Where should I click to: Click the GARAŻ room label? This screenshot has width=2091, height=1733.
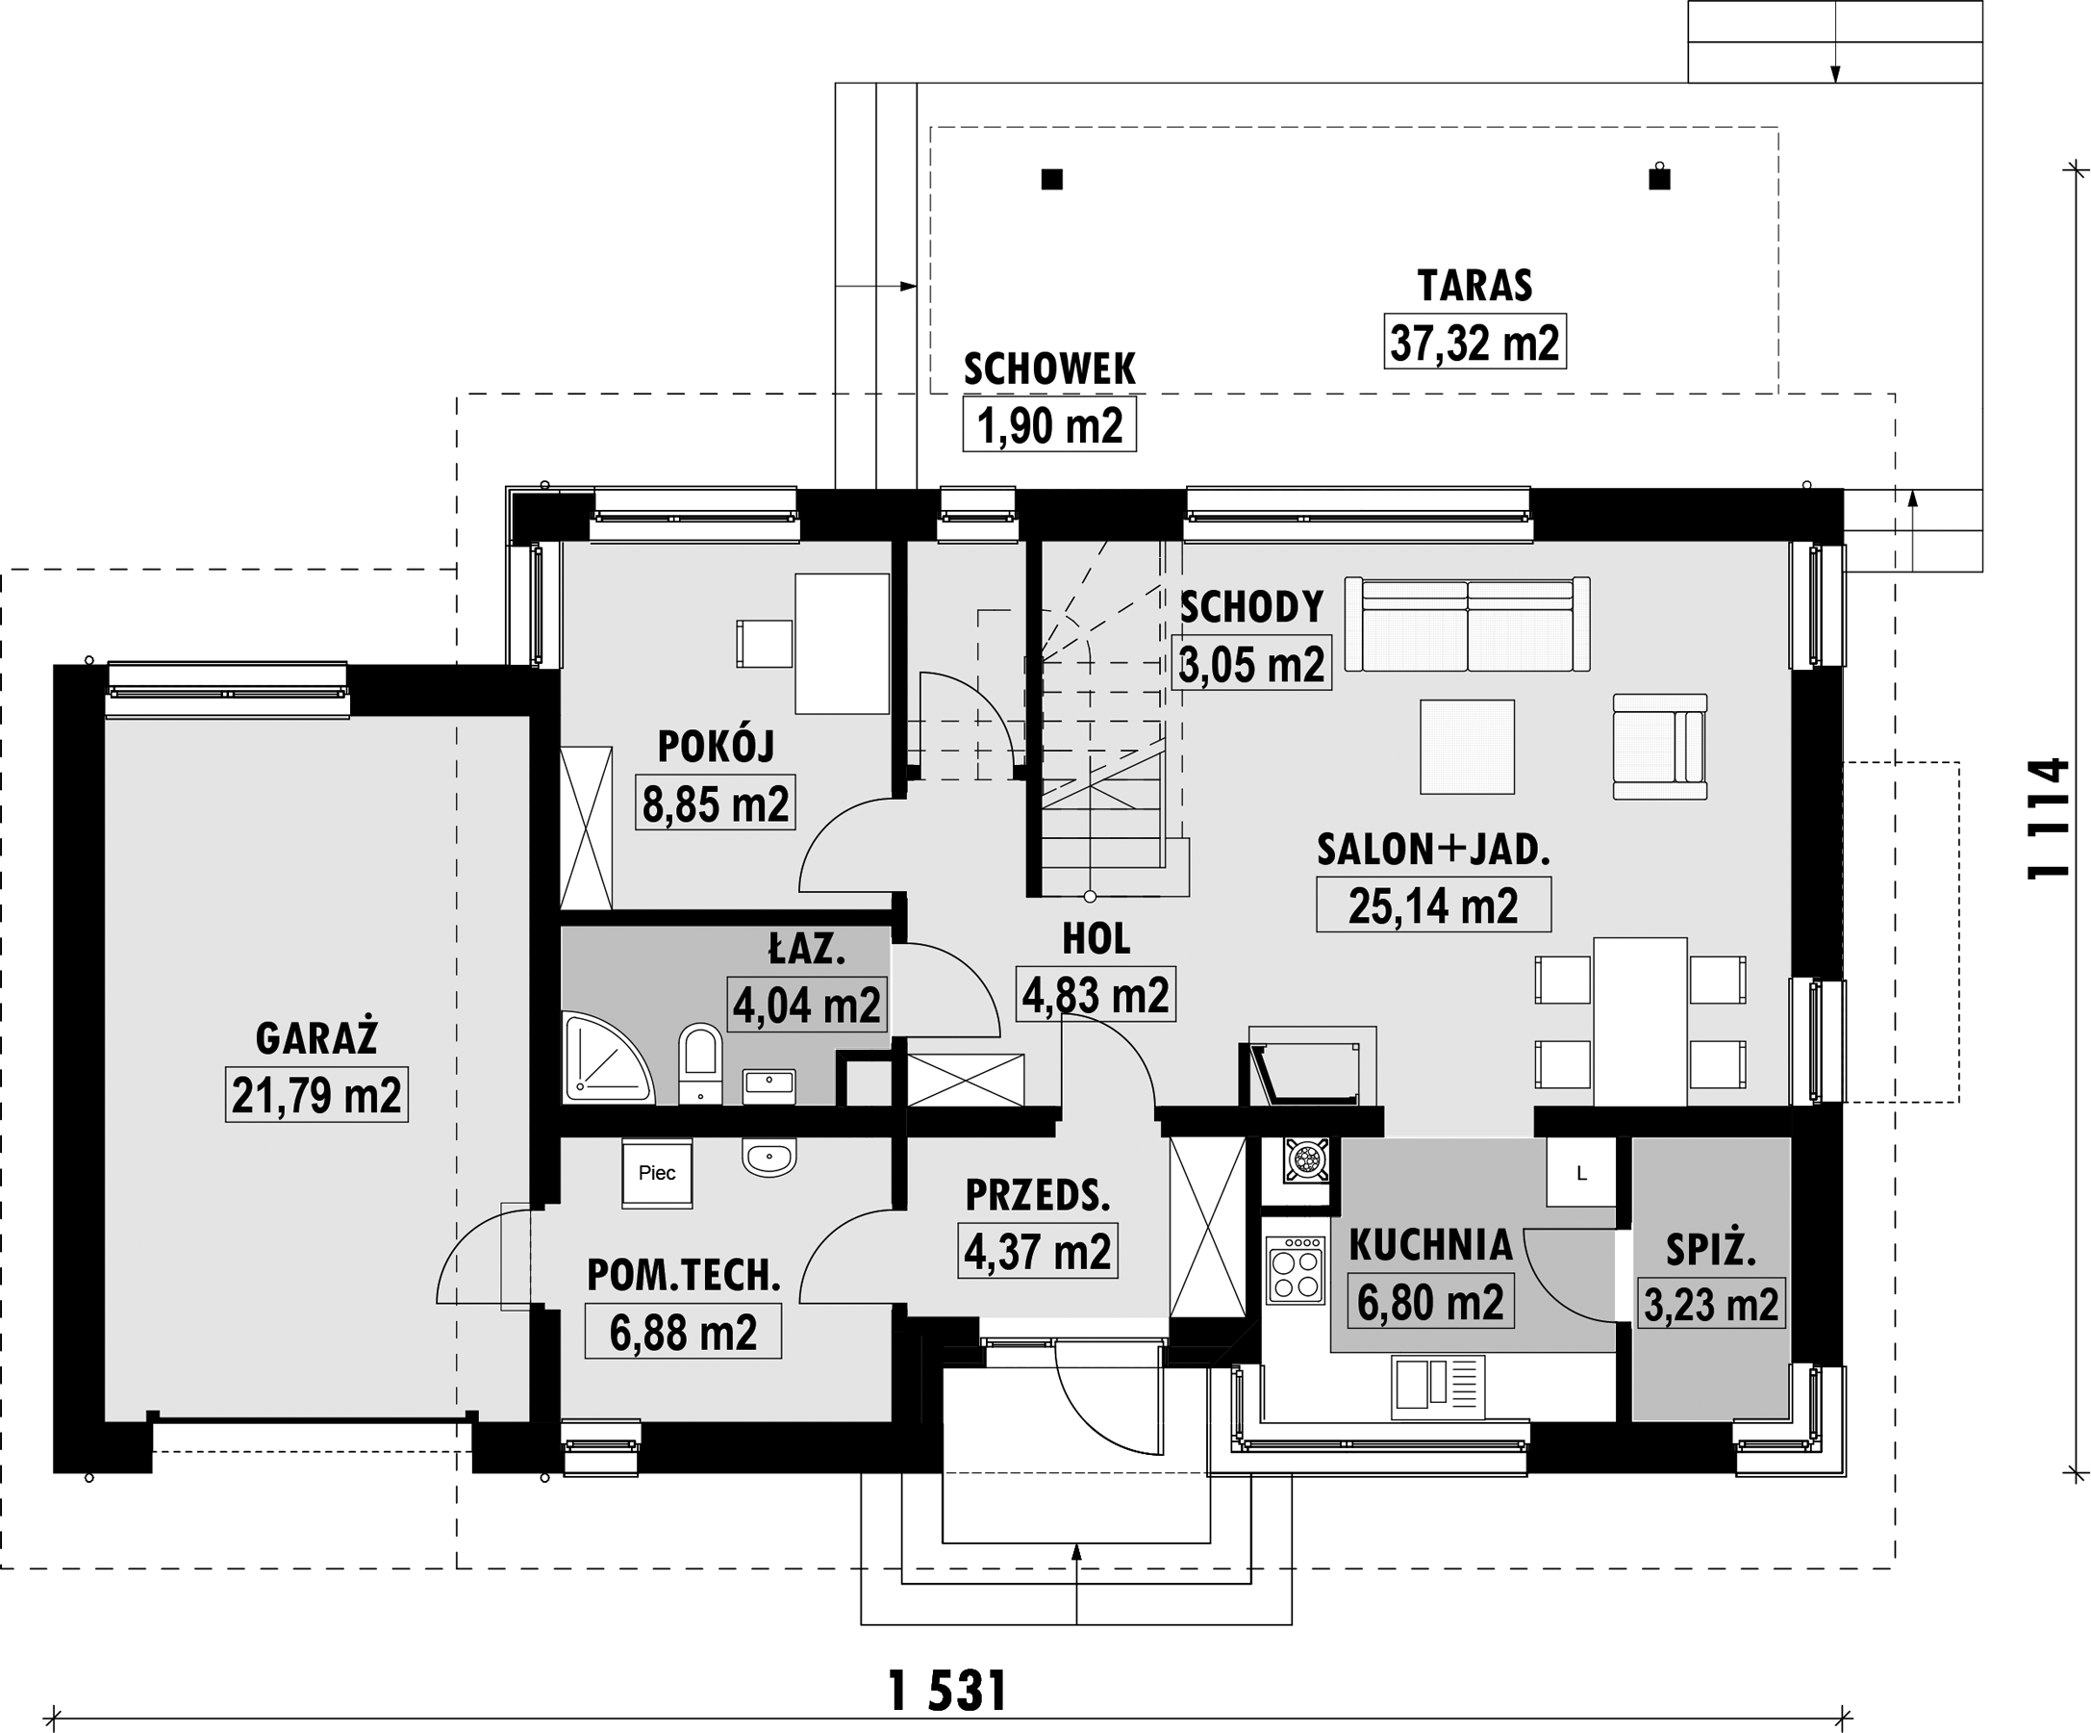pyautogui.click(x=316, y=1039)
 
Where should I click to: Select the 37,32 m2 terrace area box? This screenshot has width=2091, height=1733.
pyautogui.click(x=1474, y=343)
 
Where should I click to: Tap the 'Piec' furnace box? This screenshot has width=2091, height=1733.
pyautogui.click(x=657, y=1173)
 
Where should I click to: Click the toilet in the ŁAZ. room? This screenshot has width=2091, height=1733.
pyautogui.click(x=700, y=1063)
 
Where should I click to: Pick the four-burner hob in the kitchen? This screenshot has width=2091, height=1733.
pyautogui.click(x=1296, y=1270)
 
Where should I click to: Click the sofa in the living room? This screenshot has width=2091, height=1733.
pyautogui.click(x=1467, y=624)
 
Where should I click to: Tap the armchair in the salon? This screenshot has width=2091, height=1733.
pyautogui.click(x=1660, y=747)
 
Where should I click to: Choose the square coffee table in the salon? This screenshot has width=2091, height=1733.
pyautogui.click(x=1468, y=747)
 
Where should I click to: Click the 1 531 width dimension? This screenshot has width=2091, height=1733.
pyautogui.click(x=947, y=1692)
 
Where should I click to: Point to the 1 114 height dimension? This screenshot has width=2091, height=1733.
pyautogui.click(x=2050, y=819)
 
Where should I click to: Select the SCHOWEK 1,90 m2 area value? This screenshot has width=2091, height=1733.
pyautogui.click(x=1049, y=426)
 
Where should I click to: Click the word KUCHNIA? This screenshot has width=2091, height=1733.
pyautogui.click(x=1430, y=1245)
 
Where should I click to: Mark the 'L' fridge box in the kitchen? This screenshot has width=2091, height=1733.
pyautogui.click(x=1581, y=1173)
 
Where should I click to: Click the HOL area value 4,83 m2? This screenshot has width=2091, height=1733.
pyautogui.click(x=1096, y=995)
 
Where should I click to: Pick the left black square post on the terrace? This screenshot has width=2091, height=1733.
pyautogui.click(x=1051, y=179)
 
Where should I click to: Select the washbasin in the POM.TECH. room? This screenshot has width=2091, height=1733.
pyautogui.click(x=768, y=1158)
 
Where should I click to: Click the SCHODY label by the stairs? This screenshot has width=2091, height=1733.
pyautogui.click(x=1251, y=606)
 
